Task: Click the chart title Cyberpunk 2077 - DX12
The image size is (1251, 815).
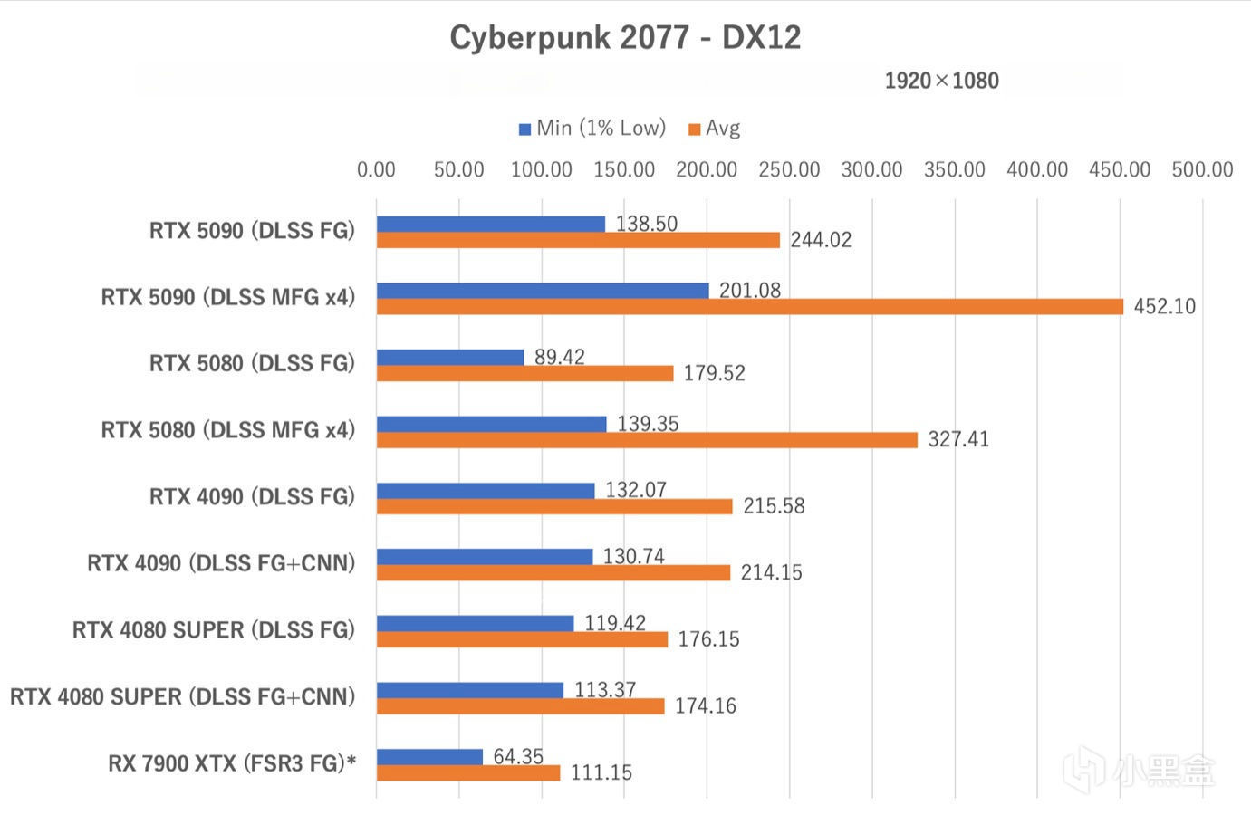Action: point(625,38)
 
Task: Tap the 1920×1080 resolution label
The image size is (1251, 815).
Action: point(941,81)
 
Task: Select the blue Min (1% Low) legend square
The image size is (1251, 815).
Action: point(524,129)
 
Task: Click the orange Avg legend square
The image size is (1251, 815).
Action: point(695,129)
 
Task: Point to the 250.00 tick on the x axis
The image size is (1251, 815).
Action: point(789,169)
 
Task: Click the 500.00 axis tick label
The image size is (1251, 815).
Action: point(1202,169)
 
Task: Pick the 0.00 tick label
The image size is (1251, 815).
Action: point(376,169)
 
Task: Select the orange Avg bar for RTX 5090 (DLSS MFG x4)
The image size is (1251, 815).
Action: point(749,307)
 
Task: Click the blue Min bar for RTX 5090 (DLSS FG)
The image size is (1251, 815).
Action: point(490,224)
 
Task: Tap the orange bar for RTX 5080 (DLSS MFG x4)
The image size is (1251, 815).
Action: point(647,440)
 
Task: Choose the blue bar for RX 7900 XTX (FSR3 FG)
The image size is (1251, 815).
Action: point(429,757)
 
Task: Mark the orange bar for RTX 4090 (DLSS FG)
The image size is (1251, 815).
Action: point(554,506)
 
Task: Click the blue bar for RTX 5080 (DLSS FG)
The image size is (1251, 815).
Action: point(450,357)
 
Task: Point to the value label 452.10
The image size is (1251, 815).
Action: point(1164,307)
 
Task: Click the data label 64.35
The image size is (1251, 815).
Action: point(518,756)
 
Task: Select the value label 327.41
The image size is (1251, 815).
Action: point(958,440)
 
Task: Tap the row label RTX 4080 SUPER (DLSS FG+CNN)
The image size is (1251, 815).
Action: point(182,697)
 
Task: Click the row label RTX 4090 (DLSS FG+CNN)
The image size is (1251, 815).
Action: point(221,564)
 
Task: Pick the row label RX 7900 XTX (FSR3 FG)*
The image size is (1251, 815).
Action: point(232,764)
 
